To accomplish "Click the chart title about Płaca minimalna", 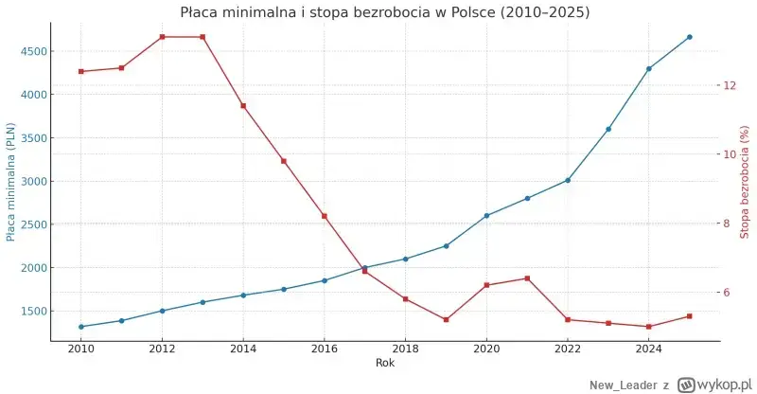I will pos(384,12).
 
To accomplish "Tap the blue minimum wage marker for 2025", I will pos(689,37).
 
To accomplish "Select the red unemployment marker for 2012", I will pos(162,37).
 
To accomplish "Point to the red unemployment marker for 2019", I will pos(446,319).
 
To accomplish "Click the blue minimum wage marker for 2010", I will pos(81,327).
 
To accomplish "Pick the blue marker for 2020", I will pos(486,216).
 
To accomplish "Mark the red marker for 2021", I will pos(527,278).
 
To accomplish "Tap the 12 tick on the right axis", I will pos(729,85).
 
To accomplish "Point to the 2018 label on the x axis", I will pos(405,349).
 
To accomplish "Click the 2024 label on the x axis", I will pos(648,349).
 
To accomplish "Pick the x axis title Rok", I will pos(384,363).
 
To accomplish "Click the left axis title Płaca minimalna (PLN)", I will pos(11,182).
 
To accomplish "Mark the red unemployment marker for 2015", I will pos(283,161).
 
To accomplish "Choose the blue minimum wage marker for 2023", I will pos(608,129).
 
